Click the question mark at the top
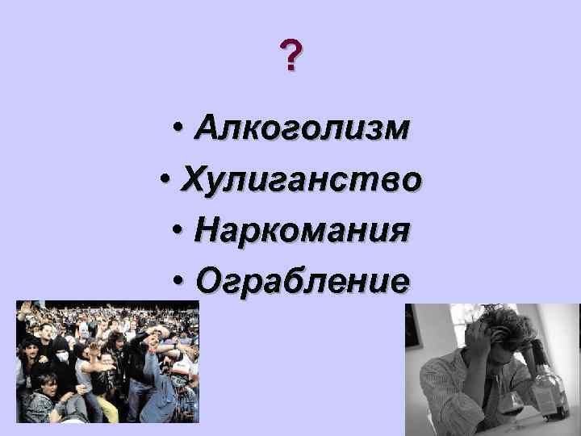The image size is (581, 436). pos(291,57)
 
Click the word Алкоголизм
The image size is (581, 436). pos(301,128)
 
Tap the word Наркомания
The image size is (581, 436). pos(301,231)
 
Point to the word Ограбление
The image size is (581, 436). pos(301,282)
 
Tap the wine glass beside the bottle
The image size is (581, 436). pos(512,404)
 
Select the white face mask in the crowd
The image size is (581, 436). pos(61,356)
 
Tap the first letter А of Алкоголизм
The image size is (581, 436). pos(205,128)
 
